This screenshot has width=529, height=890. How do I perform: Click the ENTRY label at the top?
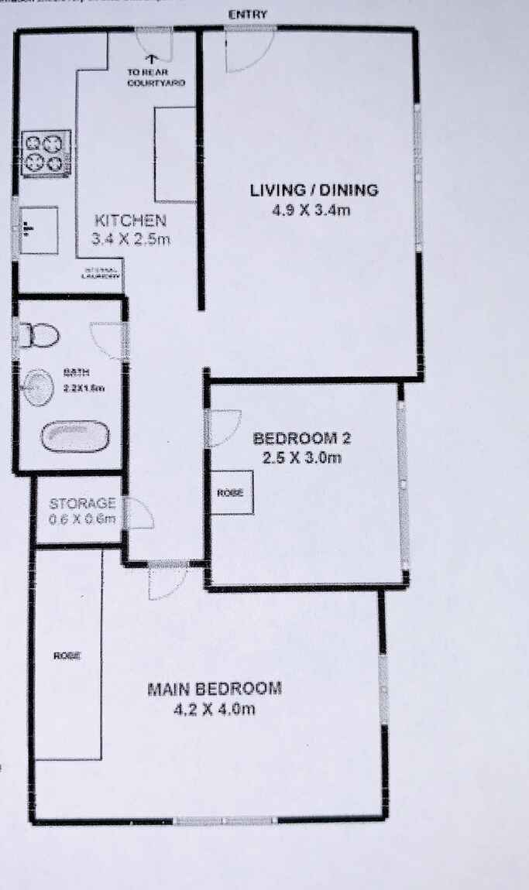(x=248, y=15)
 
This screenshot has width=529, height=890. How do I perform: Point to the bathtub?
(x=74, y=436)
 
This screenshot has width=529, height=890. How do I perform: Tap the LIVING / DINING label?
(x=314, y=190)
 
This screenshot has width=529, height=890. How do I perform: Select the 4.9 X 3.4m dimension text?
(x=313, y=210)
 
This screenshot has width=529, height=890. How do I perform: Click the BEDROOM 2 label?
(x=302, y=439)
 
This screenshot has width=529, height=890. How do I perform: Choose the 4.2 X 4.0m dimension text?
(x=215, y=708)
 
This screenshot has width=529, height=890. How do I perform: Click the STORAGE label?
(x=82, y=503)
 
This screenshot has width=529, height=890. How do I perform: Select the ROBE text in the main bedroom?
(x=67, y=656)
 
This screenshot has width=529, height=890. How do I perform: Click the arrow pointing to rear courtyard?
(x=153, y=56)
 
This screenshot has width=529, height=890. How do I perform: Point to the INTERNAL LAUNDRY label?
(x=101, y=272)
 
